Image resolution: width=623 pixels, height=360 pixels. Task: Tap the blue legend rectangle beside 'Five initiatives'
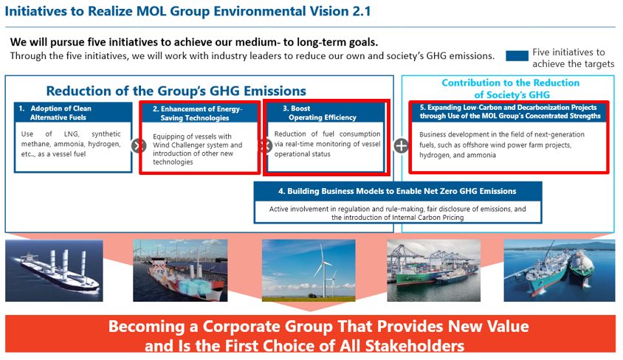click(x=517, y=56)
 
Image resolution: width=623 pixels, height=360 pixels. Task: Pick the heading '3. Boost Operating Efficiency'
click(x=323, y=112)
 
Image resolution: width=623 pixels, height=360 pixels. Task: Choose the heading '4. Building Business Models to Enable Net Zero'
click(x=397, y=191)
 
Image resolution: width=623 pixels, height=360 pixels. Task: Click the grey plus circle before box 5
click(x=401, y=145)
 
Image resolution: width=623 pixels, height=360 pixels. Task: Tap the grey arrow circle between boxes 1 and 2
click(x=137, y=145)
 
